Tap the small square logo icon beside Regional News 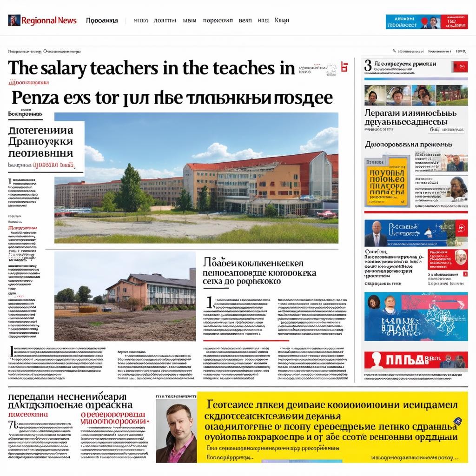[14, 20]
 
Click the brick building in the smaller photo [149, 289]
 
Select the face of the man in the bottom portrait [174, 423]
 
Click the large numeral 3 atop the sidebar [368, 66]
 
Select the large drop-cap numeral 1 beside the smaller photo [210, 303]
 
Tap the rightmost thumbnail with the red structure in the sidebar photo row [452, 95]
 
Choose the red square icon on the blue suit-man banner [461, 228]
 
